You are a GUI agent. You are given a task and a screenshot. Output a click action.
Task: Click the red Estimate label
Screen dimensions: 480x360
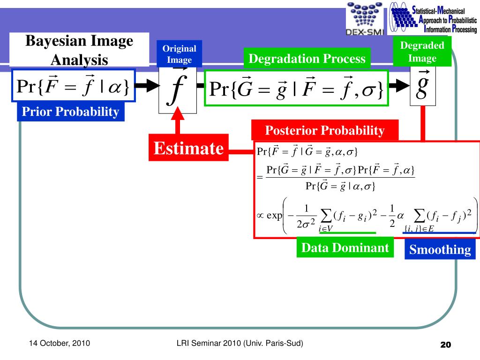188,149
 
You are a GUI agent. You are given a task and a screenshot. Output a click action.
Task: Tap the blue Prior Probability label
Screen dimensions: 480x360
71,112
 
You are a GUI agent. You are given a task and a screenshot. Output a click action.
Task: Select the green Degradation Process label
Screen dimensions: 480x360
307,59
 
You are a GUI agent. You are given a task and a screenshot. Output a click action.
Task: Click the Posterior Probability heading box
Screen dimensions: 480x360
325,130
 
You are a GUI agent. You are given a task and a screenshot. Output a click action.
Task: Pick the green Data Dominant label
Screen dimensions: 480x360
345,248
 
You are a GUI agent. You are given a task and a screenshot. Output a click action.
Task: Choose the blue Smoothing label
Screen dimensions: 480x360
440,250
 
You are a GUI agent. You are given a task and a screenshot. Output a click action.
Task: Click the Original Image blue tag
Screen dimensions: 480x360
180,54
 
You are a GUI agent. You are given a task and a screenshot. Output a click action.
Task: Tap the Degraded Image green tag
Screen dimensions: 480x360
422,52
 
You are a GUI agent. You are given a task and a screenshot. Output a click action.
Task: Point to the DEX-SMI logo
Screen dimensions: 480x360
364,19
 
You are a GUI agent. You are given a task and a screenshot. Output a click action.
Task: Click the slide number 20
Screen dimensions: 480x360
445,345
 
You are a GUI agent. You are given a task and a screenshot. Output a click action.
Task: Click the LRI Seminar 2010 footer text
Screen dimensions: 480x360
240,344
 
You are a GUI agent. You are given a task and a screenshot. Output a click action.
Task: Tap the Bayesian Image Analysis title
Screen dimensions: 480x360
79,50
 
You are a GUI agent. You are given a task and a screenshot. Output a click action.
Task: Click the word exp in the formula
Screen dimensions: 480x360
275,216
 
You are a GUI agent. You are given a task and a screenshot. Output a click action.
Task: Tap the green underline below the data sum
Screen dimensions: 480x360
347,232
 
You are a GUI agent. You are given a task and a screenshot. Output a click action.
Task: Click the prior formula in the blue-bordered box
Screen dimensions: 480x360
74,86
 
